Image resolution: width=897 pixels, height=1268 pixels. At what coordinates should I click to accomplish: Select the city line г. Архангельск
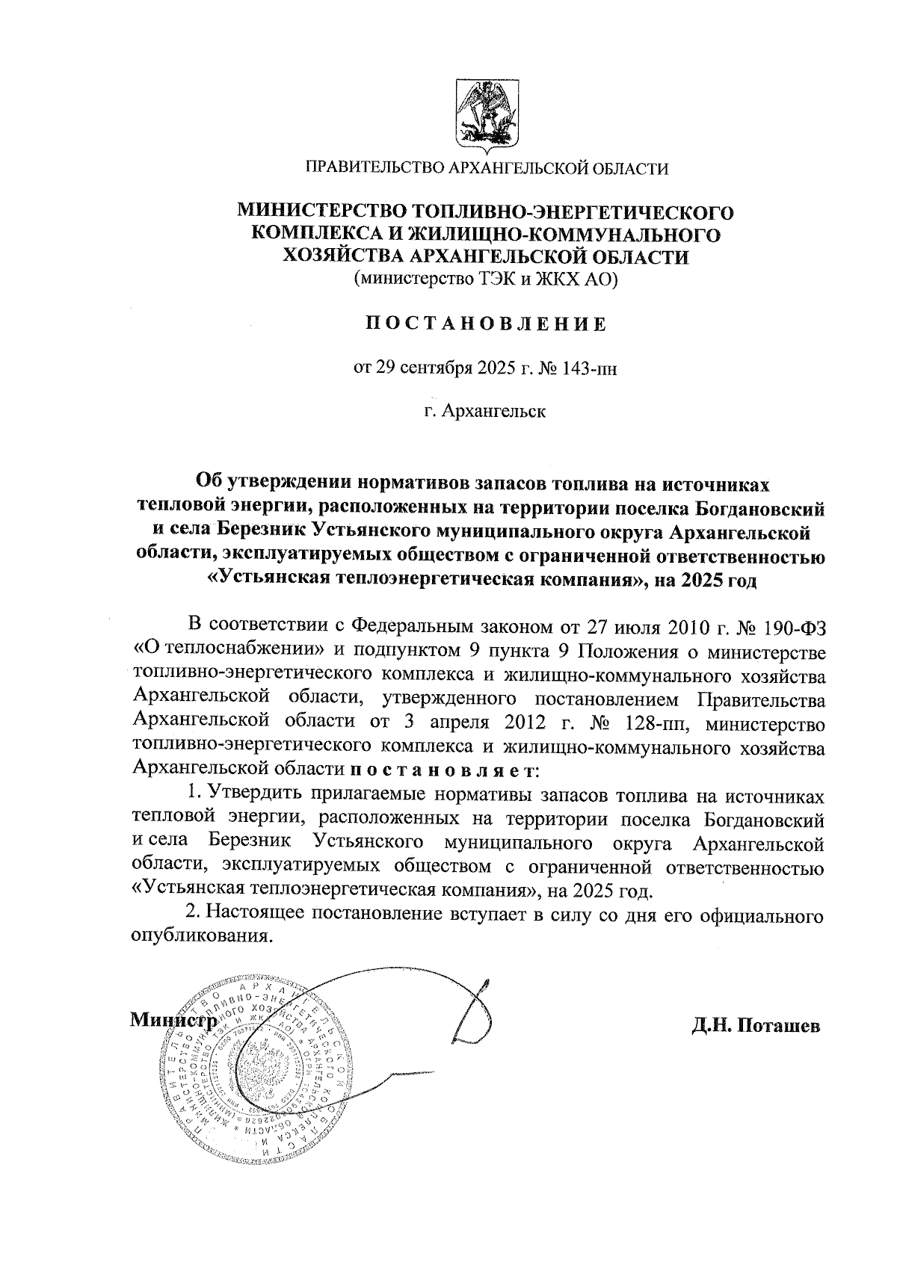pyautogui.click(x=485, y=411)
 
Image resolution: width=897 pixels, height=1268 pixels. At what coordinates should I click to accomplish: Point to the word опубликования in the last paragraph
pyautogui.click(x=200, y=937)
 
